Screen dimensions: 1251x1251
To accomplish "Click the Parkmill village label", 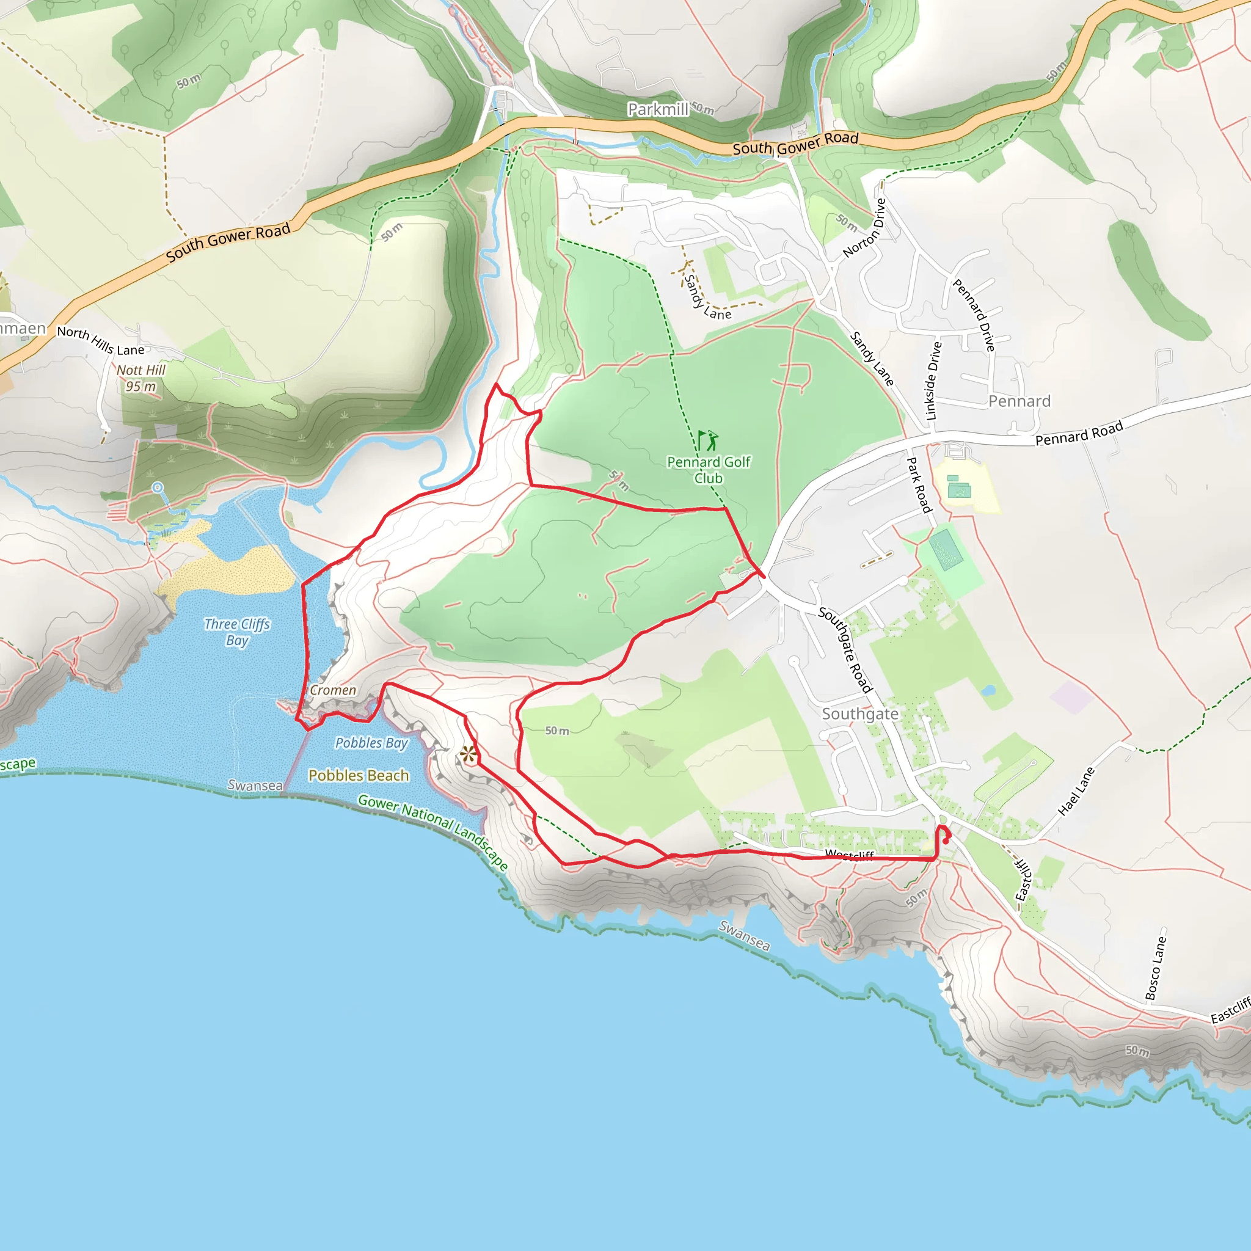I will pyautogui.click(x=658, y=109).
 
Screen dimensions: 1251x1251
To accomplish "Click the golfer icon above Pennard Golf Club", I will pyautogui.click(x=709, y=440).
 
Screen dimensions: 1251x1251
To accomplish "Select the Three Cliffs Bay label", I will pyautogui.click(x=237, y=632).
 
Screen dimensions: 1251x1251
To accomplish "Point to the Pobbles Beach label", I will pyautogui.click(x=359, y=775).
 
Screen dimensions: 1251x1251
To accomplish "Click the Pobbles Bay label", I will pyautogui.click(x=371, y=743).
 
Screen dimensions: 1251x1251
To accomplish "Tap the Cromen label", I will pyautogui.click(x=333, y=690).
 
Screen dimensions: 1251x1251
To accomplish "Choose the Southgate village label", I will pyautogui.click(x=860, y=713).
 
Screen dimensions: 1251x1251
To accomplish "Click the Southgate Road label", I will pyautogui.click(x=845, y=649).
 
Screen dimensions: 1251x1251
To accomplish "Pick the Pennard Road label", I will pyautogui.click(x=1079, y=434).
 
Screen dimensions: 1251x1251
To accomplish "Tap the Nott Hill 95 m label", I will pyautogui.click(x=141, y=378).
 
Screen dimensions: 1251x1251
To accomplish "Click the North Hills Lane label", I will pyautogui.click(x=100, y=341).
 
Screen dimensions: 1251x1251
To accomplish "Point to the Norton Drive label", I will pyautogui.click(x=864, y=228).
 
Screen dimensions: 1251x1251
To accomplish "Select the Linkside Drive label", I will pyautogui.click(x=933, y=381).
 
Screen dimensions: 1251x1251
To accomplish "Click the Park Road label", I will pyautogui.click(x=918, y=484).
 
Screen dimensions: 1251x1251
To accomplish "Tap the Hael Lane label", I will pyautogui.click(x=1076, y=790).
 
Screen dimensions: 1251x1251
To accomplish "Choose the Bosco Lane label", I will pyautogui.click(x=1156, y=968).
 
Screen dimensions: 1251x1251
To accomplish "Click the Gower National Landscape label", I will pyautogui.click(x=433, y=831).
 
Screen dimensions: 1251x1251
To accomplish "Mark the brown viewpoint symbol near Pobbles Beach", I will pyautogui.click(x=468, y=754).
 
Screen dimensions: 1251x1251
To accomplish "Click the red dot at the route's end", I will pyautogui.click(x=946, y=841).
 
